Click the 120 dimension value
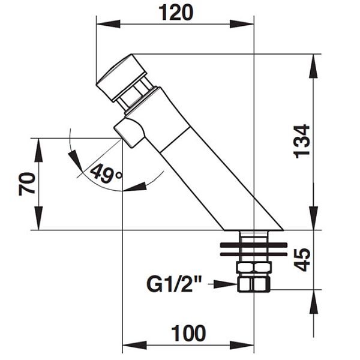coord(176,13)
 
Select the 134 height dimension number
coord(302,142)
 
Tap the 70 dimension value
coord(27,184)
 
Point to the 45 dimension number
coord(302,260)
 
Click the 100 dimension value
coord(189,333)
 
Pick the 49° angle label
coord(106,173)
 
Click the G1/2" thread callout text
coord(174,284)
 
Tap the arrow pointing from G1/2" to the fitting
coord(223,284)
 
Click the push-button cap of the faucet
coord(121,78)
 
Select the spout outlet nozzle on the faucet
coord(129,133)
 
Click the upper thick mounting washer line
coord(253,245)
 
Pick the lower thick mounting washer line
coord(253,254)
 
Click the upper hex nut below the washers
coord(254,268)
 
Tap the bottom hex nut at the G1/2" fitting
coord(253,284)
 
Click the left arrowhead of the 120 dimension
coord(108,23)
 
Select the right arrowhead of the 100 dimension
coord(242,345)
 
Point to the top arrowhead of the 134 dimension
coord(314,66)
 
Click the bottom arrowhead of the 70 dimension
coord(38,218)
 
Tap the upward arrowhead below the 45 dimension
coord(314,301)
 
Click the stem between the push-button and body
coord(135,94)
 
